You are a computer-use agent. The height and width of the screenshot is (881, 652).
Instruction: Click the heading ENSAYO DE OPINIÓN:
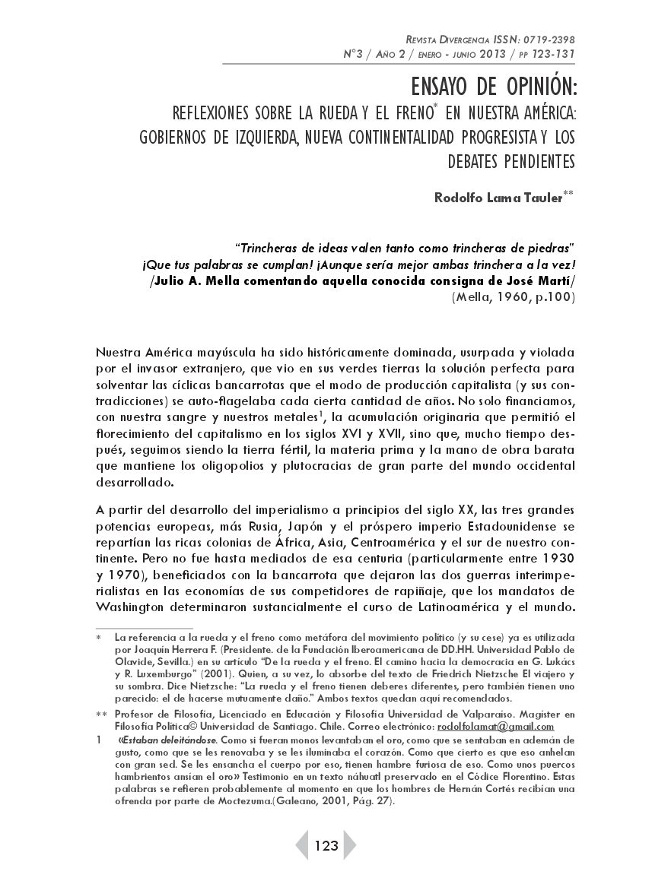coord(490,87)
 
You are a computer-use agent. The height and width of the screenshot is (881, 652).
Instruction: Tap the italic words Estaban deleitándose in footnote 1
coord(170,739)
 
